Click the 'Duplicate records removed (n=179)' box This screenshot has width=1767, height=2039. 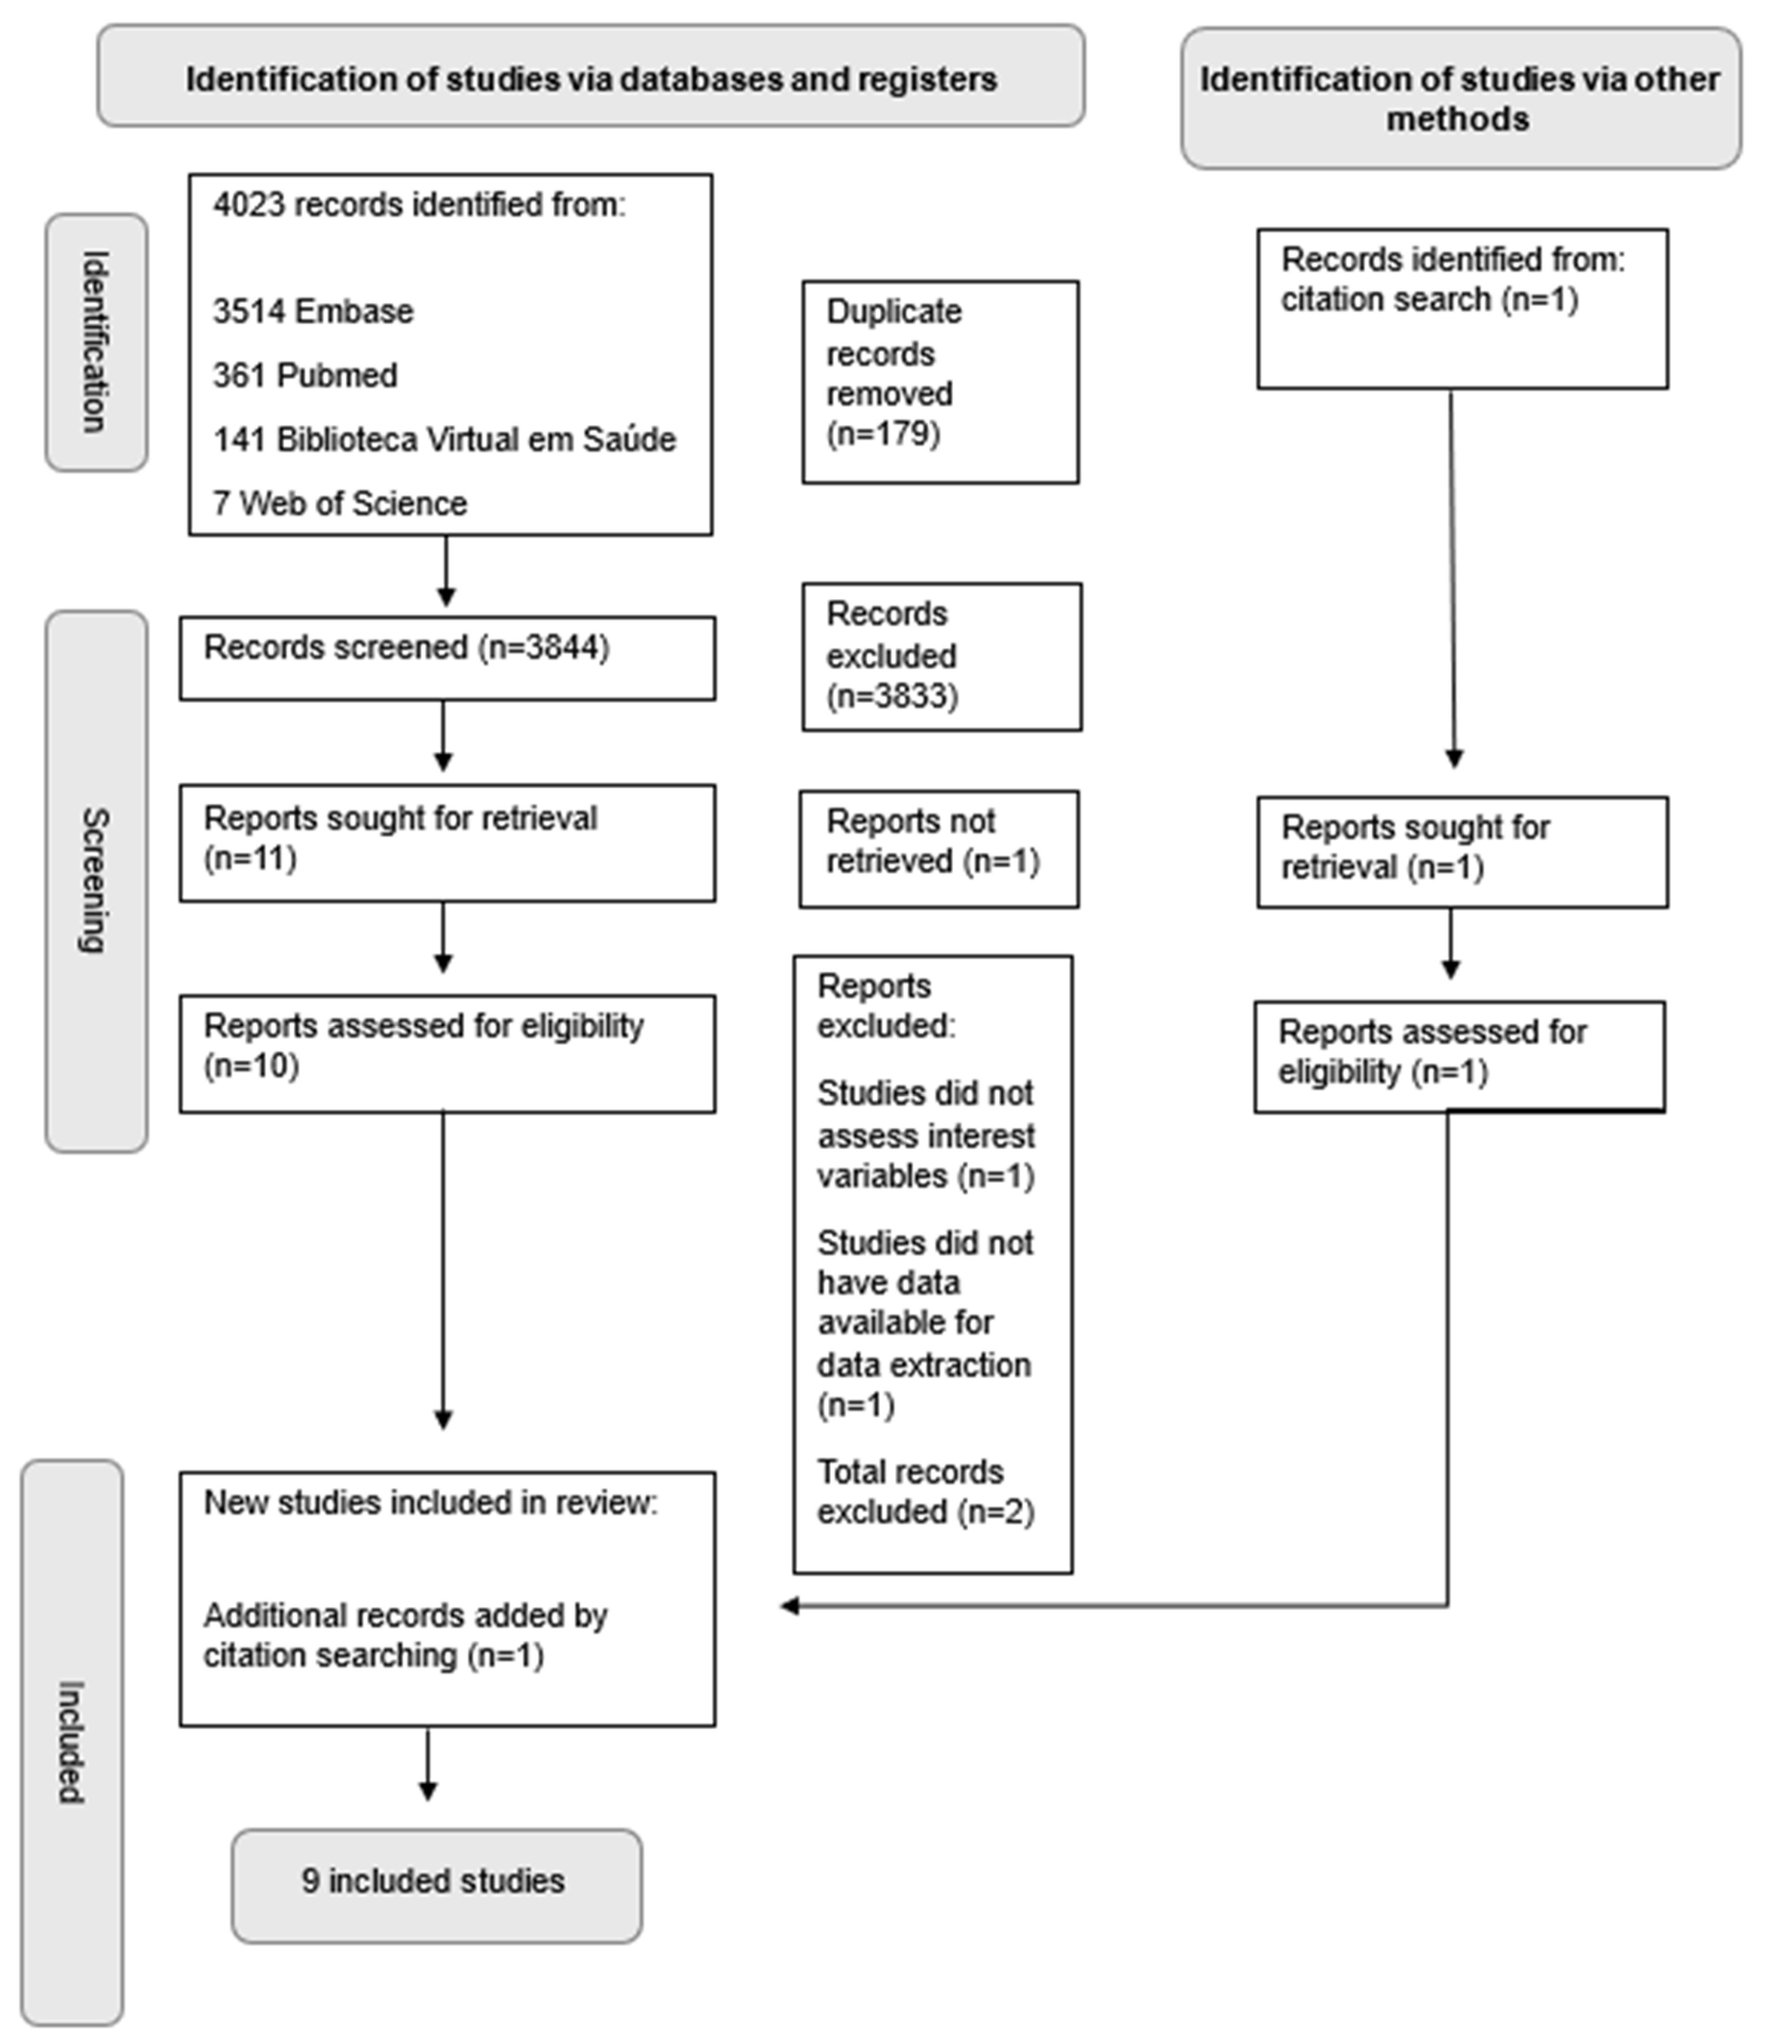(940, 383)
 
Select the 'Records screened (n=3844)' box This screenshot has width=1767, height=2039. (447, 659)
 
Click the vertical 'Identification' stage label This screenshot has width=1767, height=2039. (96, 342)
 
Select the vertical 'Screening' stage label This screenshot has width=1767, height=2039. (96, 881)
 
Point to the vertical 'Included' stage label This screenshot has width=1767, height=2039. (71, 1742)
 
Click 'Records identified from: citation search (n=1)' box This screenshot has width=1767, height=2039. (1462, 309)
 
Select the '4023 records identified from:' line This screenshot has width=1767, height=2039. (419, 205)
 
